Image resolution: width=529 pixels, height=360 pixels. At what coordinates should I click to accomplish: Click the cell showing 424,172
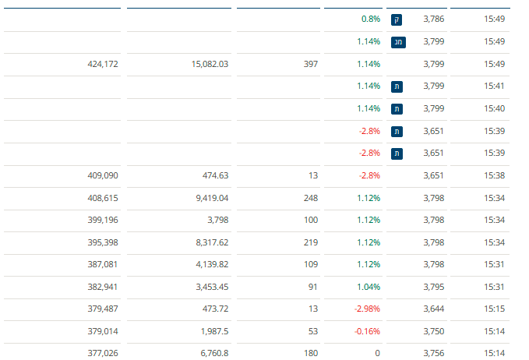point(103,64)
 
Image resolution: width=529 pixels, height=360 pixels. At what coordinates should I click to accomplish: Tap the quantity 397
point(311,64)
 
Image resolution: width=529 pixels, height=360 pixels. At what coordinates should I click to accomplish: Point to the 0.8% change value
point(371,19)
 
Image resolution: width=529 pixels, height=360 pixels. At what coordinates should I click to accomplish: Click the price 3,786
point(433,19)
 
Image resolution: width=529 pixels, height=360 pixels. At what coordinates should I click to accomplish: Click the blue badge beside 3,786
point(397,19)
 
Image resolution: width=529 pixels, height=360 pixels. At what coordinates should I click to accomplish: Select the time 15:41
point(495,86)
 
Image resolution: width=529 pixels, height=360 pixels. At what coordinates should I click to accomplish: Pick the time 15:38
point(495,175)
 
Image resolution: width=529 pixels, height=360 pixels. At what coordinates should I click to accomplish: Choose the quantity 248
point(311,198)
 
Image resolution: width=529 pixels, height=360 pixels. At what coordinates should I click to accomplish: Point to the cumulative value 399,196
point(103,221)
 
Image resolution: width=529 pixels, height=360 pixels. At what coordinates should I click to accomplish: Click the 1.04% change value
point(369,265)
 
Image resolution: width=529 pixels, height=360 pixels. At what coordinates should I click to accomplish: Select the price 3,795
point(433,265)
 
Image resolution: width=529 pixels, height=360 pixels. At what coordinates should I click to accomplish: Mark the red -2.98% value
point(367,288)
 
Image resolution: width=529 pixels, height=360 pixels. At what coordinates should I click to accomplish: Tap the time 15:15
point(495,288)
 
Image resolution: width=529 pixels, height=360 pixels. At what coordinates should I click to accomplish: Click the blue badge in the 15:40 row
point(397,109)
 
